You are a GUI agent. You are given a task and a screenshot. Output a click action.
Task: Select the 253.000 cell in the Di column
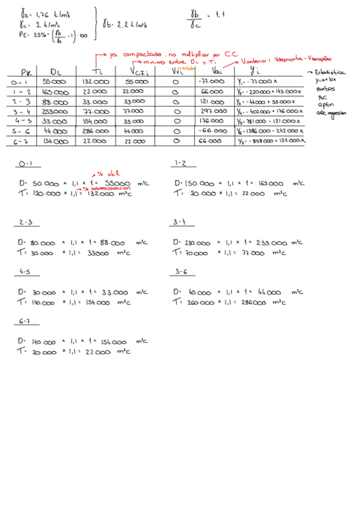click(x=55, y=111)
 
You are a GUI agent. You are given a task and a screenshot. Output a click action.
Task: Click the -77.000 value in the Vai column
click(x=211, y=81)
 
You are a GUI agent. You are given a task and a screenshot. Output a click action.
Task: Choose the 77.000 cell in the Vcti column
click(x=133, y=111)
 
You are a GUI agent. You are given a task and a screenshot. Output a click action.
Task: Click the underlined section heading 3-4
click(x=180, y=222)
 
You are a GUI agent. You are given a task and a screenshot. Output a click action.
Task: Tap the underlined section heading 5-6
click(x=181, y=272)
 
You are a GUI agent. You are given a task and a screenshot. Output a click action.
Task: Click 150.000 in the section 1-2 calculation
click(x=198, y=183)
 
